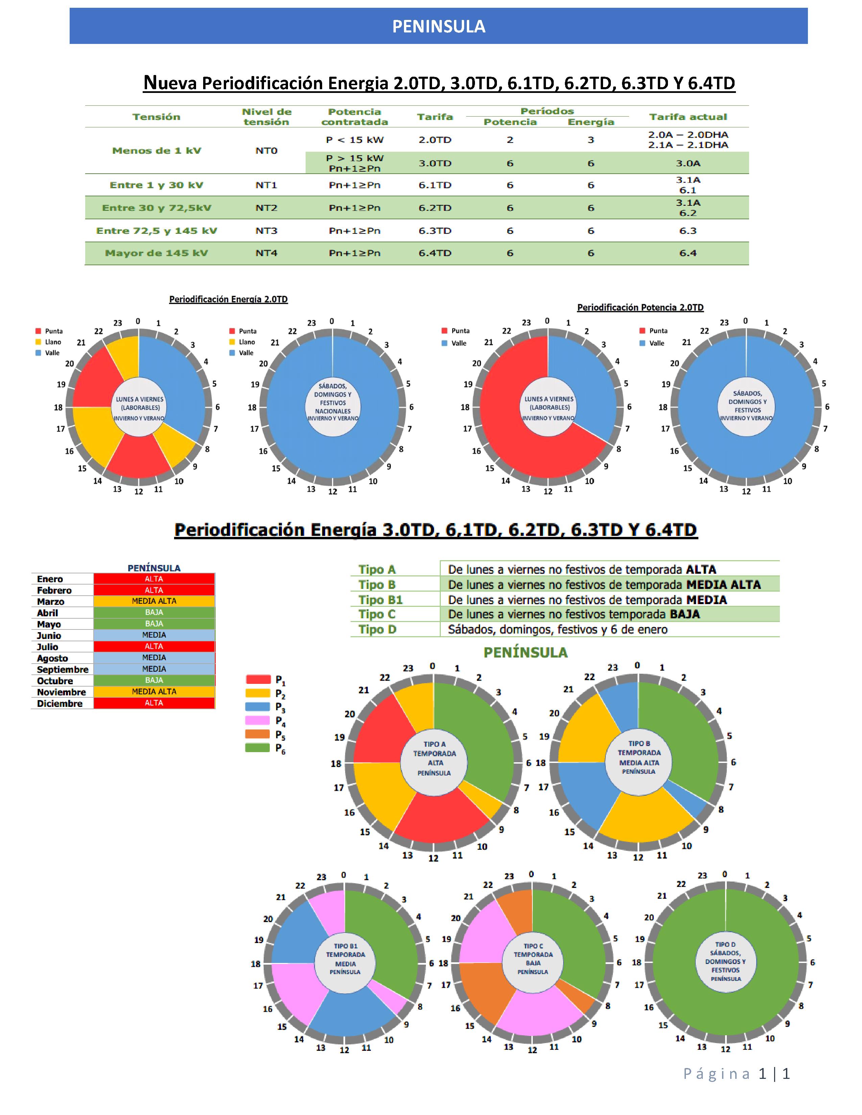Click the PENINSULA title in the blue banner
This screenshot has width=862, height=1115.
(439, 27)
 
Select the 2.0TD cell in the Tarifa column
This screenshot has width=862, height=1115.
(435, 140)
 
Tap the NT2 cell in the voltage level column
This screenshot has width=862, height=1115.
(266, 208)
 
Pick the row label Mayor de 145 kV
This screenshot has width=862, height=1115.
(156, 253)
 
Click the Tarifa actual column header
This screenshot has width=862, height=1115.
(688, 117)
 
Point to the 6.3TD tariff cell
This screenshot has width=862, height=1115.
(435, 231)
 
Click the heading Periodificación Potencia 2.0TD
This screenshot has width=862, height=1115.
(640, 307)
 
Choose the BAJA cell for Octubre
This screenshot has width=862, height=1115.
(154, 680)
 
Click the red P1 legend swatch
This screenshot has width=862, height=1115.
(258, 679)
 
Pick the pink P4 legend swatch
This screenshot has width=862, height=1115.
(258, 720)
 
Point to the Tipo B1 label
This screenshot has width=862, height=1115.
(380, 599)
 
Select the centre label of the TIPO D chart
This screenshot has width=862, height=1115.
(725, 961)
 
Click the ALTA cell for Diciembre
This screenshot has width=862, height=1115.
(154, 703)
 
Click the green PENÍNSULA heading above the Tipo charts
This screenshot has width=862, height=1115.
(525, 652)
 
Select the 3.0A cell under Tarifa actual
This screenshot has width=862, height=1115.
(688, 164)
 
